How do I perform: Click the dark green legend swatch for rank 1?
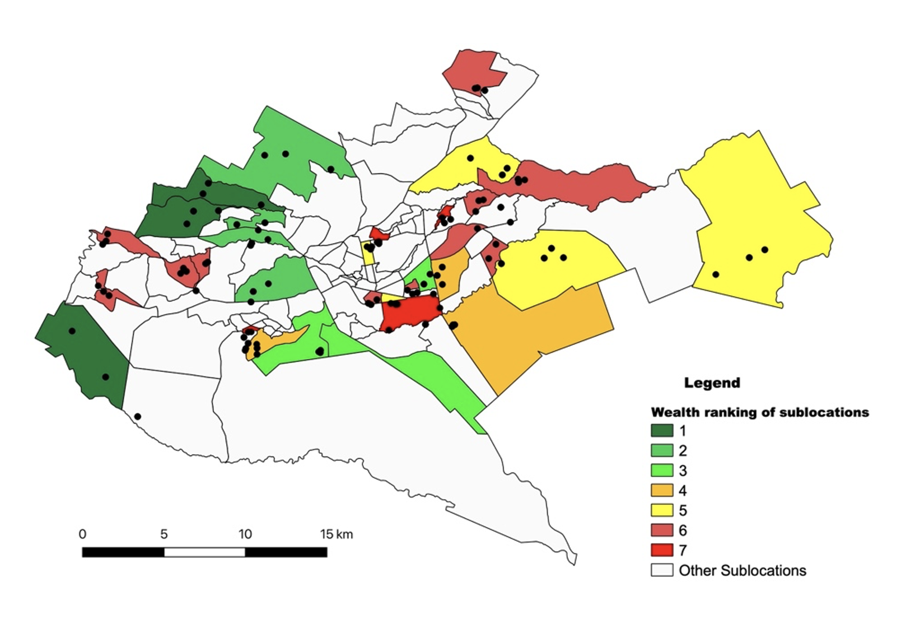pos(661,430)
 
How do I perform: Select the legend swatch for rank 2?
pos(661,450)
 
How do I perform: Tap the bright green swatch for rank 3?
pos(661,471)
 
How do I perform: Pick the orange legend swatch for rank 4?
pos(661,490)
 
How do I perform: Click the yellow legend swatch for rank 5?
pos(661,510)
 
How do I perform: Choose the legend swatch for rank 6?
pos(661,530)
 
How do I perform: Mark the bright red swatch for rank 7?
pos(661,550)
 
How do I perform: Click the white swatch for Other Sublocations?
pos(661,570)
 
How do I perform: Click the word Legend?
pos(712,383)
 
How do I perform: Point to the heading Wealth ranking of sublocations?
pos(759,412)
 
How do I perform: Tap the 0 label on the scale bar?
pos(82,534)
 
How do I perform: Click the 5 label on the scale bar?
pos(164,534)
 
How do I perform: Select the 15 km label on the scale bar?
pos(336,534)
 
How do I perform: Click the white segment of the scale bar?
pos(204,552)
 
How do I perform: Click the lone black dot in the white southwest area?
pos(138,417)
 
